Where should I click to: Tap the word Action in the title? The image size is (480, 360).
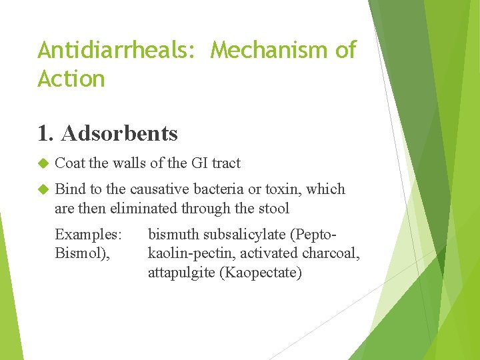click(x=71, y=79)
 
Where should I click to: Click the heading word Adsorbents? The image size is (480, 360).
click(x=119, y=133)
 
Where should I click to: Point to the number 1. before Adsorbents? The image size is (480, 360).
click(x=46, y=133)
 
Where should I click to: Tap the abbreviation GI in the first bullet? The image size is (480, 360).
click(x=199, y=163)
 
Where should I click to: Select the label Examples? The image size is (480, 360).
click(x=88, y=235)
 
